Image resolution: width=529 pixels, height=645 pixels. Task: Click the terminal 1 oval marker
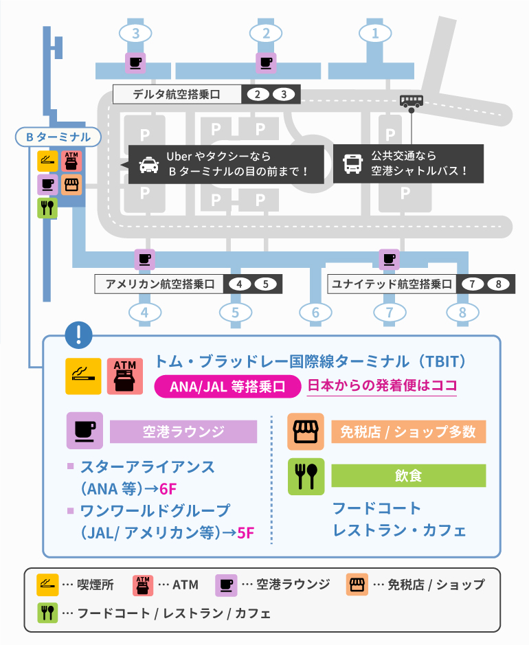pos(374,32)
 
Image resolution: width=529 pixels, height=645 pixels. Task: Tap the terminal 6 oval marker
pos(315,313)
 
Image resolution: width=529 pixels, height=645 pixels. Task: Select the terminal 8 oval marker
pos(462,313)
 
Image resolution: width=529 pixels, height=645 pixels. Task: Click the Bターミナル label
pos(58,137)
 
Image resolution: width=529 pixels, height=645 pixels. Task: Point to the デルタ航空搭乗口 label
pos(177,95)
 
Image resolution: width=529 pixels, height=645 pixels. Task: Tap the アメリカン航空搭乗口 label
pos(160,284)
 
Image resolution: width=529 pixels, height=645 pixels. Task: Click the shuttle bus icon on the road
pos(411,101)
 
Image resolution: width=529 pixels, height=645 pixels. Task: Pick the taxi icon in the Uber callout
pos(148,165)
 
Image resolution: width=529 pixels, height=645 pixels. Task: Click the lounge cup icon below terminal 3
pos(135,63)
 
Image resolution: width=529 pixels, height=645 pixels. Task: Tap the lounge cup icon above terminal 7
pos(390,259)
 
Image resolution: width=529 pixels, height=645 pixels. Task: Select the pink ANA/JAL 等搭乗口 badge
pos(227,386)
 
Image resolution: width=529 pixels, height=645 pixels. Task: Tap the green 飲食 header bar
pos(408,475)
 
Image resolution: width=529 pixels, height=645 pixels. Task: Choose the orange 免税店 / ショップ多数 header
pos(408,431)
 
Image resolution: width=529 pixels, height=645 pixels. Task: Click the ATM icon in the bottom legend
pos(142,585)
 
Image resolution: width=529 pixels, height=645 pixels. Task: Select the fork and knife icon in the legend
pos(47,612)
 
